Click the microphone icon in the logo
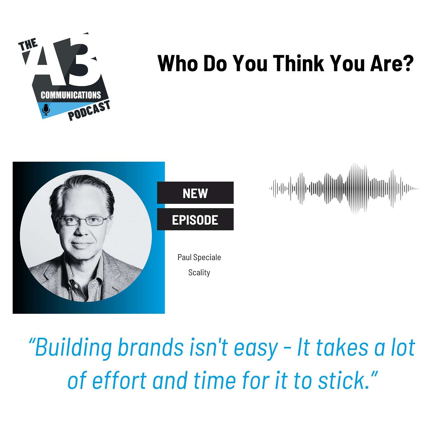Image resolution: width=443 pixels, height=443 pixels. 46,109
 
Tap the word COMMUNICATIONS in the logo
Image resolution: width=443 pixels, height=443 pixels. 71,95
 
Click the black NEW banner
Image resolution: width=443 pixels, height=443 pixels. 195,193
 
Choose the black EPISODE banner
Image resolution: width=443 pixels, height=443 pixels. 195,219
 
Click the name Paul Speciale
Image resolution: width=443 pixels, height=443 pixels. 199,257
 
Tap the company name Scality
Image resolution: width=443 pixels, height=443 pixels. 199,272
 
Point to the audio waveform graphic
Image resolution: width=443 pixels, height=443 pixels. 344,188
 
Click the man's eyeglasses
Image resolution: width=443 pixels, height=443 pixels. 83,221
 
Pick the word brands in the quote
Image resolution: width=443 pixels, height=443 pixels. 151,347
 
